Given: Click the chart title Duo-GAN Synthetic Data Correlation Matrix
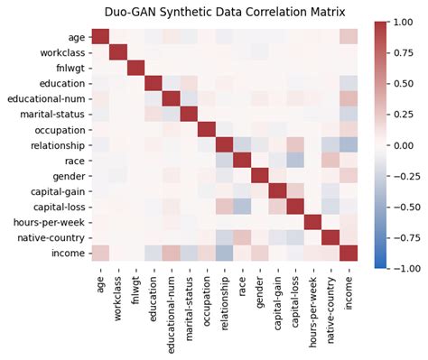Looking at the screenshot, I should pos(214,12).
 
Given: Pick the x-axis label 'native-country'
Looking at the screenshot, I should pos(330,298).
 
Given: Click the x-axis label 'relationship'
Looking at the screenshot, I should pos(224,292).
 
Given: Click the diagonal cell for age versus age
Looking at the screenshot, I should pos(100,37).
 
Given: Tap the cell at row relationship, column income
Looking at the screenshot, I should pos(348,144).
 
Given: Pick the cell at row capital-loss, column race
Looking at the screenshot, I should pos(242,207).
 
